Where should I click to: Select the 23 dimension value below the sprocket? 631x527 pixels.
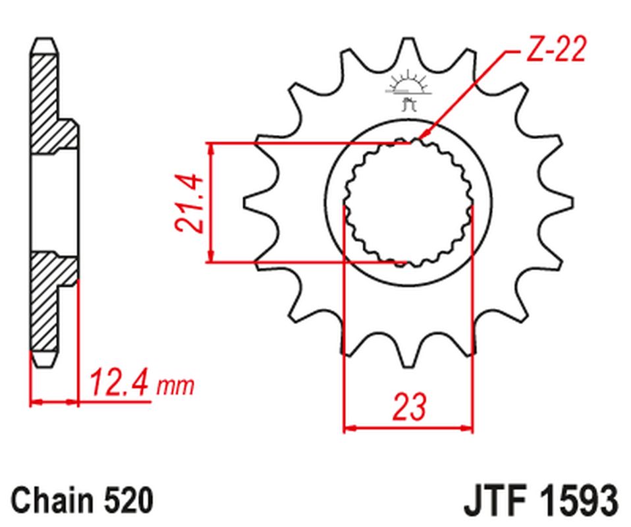click(x=408, y=406)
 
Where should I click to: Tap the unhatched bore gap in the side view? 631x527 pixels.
click(x=53, y=204)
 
